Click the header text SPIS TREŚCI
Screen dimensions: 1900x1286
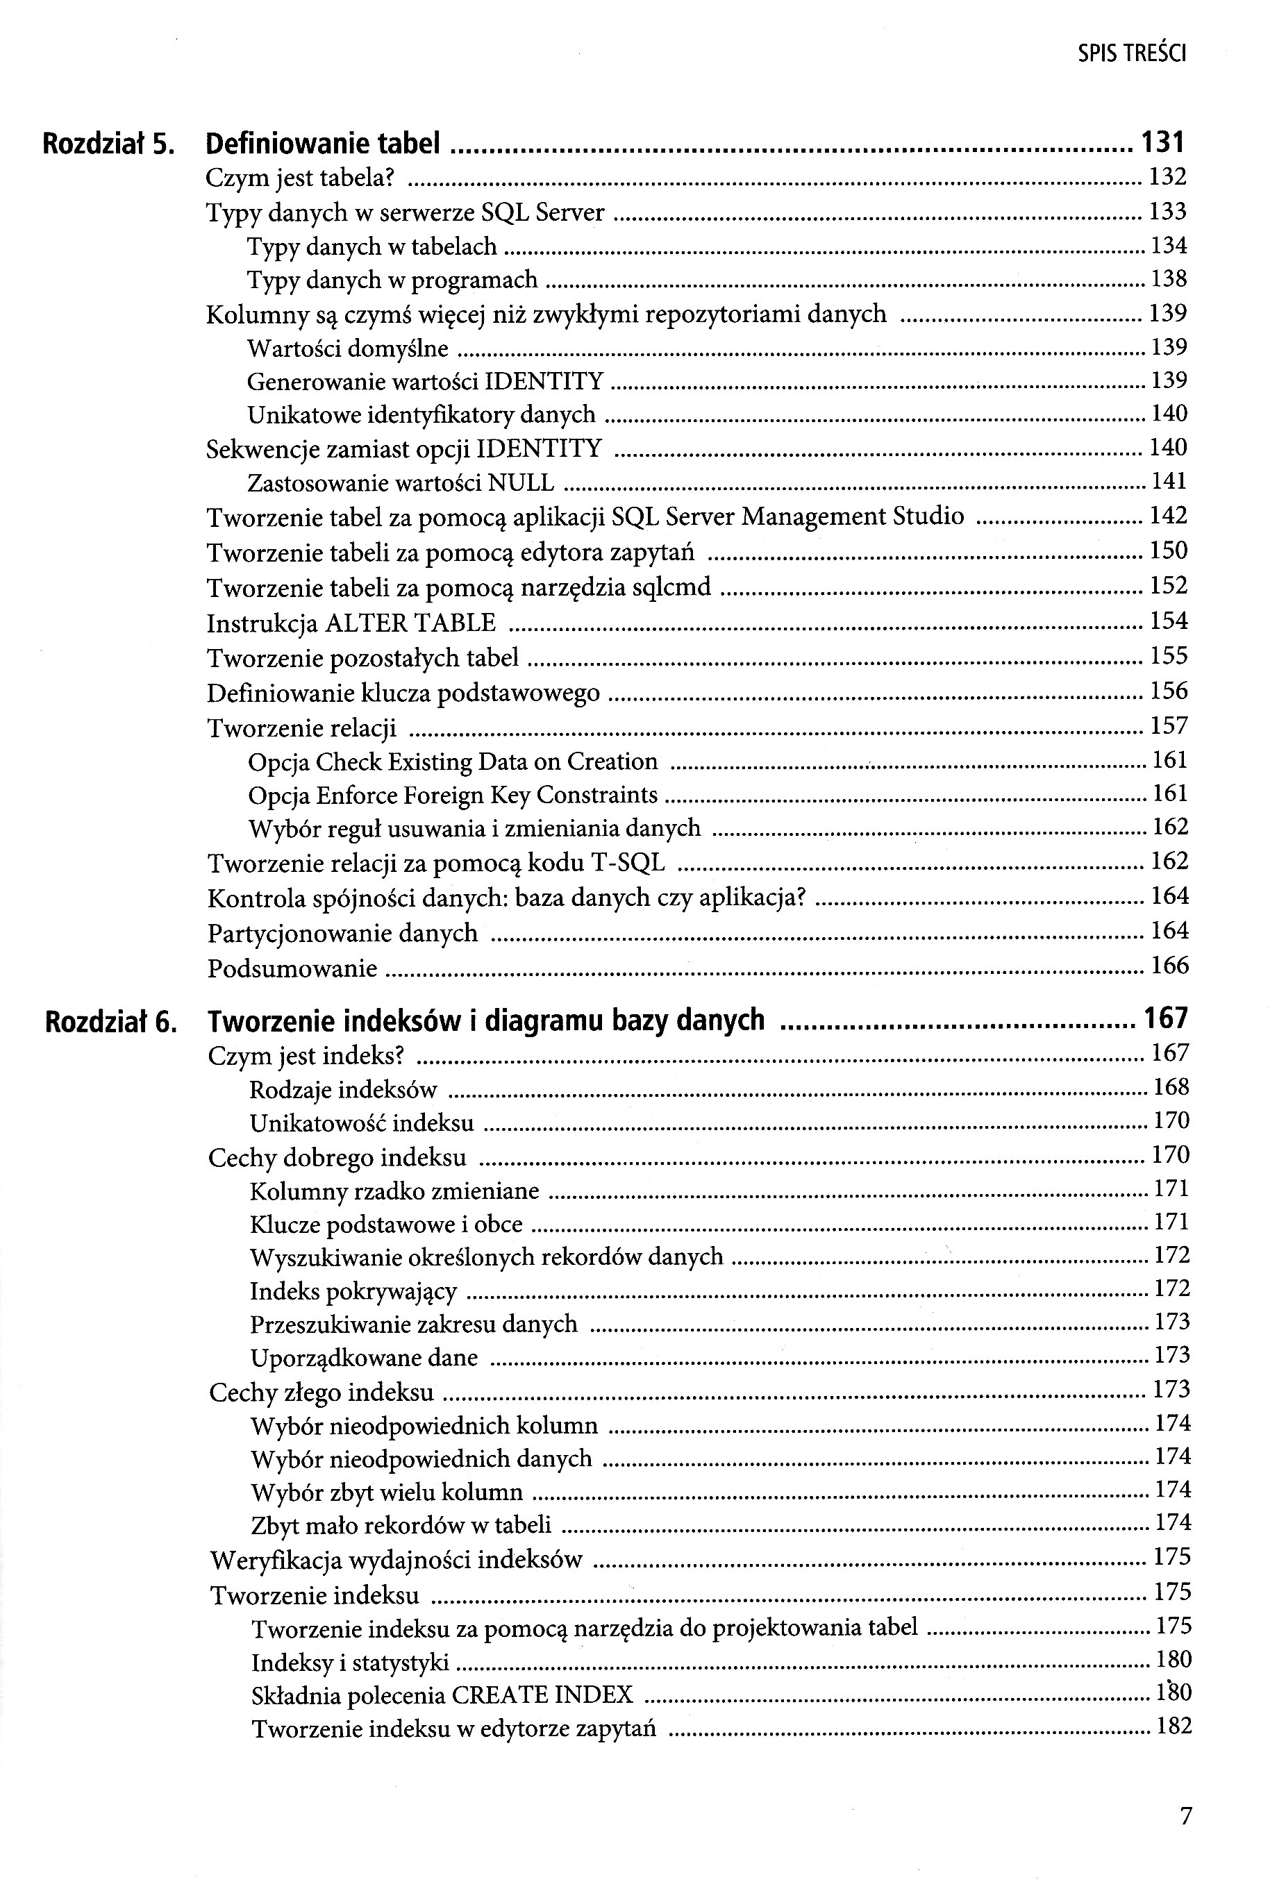click(x=1131, y=54)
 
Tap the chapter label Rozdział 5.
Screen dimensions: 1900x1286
click(x=109, y=144)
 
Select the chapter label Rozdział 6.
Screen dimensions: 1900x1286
click(x=110, y=1021)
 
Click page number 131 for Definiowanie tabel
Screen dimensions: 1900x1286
click(x=1162, y=143)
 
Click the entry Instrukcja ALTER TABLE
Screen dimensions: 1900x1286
click(x=351, y=623)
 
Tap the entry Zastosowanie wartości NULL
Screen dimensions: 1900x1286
click(x=401, y=482)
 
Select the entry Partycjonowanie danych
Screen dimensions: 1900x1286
click(x=342, y=933)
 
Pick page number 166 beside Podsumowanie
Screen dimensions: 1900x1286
click(x=1169, y=966)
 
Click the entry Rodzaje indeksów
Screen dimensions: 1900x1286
click(x=343, y=1090)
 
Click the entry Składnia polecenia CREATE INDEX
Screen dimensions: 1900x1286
click(x=442, y=1695)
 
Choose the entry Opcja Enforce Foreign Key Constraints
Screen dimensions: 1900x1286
click(x=453, y=795)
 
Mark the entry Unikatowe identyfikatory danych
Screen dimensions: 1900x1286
click(x=421, y=415)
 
